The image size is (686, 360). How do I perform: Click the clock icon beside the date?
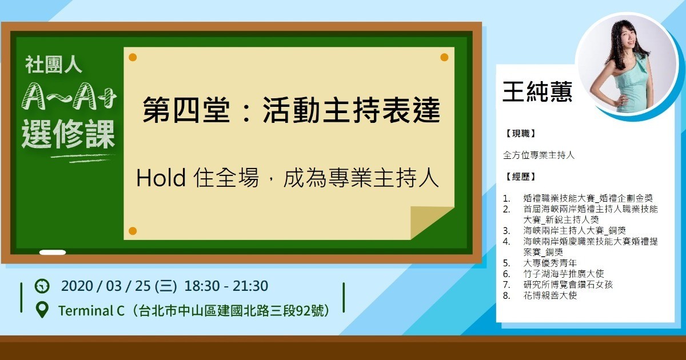tap(42, 286)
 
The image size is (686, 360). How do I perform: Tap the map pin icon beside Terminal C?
tap(42, 310)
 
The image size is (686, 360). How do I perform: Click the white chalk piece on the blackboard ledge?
tap(53, 253)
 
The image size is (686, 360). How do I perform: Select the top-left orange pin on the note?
tap(133, 57)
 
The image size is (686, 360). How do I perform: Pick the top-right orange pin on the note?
tap(444, 57)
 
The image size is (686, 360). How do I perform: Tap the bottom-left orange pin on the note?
tap(133, 231)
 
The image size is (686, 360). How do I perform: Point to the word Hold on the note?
tap(161, 178)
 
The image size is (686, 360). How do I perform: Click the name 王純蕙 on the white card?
tap(537, 91)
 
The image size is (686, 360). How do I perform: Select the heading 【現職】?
tap(521, 134)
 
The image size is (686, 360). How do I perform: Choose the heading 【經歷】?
tap(521, 177)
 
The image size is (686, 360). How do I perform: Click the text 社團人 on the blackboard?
tap(53, 65)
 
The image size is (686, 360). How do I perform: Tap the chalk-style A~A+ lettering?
tap(69, 97)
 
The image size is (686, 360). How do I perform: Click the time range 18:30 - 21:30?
tap(226, 286)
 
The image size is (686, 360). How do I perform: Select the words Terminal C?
tap(91, 311)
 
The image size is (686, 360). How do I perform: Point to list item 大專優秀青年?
tap(550, 263)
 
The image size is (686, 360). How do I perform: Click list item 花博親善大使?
tap(550, 295)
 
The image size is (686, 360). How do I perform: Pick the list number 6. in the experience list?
tap(506, 274)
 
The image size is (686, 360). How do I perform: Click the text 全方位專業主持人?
tap(539, 155)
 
